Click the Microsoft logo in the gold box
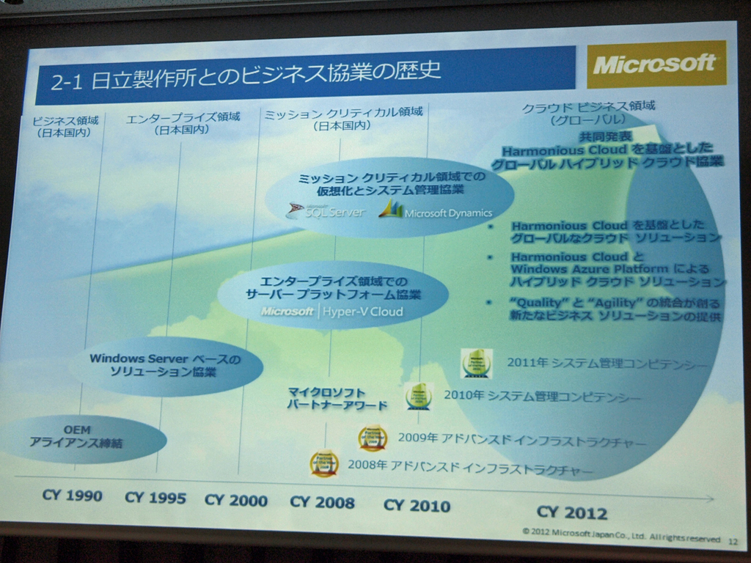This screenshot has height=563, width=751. [655, 65]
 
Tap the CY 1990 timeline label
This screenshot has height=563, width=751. [72, 496]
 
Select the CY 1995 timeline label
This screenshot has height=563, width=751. [155, 498]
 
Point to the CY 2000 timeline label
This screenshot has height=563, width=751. [235, 501]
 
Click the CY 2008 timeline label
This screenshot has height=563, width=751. [322, 502]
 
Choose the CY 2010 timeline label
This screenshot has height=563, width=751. [417, 505]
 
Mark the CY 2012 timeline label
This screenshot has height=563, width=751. [571, 512]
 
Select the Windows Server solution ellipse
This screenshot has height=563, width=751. [165, 365]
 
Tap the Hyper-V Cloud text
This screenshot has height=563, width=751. [363, 312]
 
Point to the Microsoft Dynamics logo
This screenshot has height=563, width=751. [435, 211]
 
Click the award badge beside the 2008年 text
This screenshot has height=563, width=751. [324, 463]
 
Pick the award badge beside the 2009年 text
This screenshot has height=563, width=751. [373, 438]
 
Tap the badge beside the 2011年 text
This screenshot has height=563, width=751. [476, 363]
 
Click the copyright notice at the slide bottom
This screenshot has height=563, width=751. [620, 535]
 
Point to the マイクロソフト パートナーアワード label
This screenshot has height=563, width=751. [337, 399]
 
